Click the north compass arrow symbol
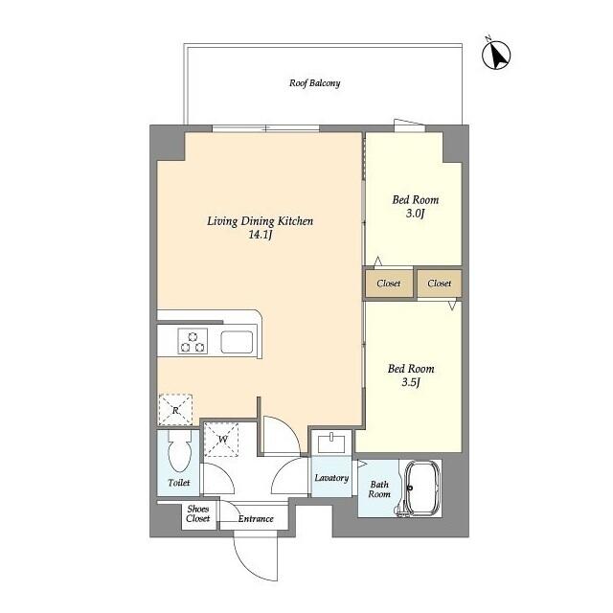(496, 56)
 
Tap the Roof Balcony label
(315, 83)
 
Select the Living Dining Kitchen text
(260, 221)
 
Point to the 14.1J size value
(261, 235)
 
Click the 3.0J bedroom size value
(415, 213)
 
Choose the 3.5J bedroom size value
(411, 382)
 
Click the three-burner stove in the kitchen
(193, 341)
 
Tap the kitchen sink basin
(237, 342)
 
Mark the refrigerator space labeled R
(175, 410)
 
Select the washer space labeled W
(221, 440)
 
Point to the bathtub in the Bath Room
(422, 488)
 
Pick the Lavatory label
(331, 478)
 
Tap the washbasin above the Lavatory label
(331, 443)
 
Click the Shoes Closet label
(198, 513)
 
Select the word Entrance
(256, 519)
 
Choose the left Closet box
(389, 284)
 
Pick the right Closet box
(440, 284)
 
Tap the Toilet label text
(179, 483)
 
